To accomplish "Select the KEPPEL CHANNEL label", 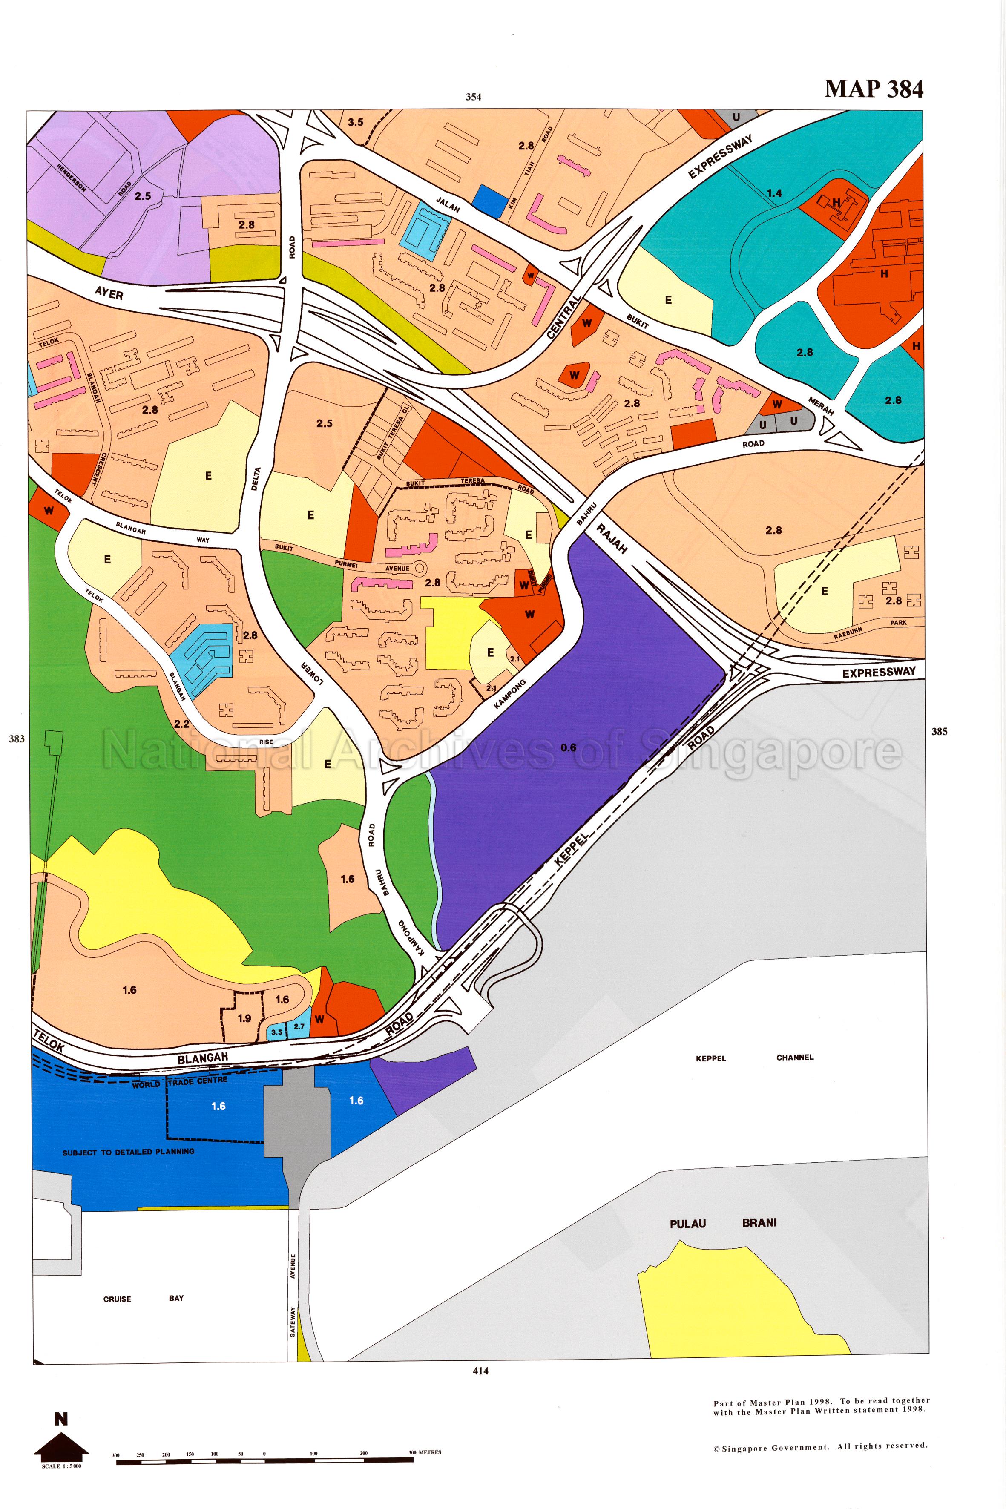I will point(754,1058).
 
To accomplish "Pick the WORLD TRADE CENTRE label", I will point(180,1083).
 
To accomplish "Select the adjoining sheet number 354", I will point(473,97).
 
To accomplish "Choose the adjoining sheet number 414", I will point(480,1371).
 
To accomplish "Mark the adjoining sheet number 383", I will point(17,739).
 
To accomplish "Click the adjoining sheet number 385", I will point(939,731).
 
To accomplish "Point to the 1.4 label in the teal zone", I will point(774,193).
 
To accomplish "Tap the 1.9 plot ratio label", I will point(244,1018).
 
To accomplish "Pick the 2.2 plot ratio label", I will point(181,724).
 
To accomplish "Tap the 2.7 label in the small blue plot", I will point(299,1026).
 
